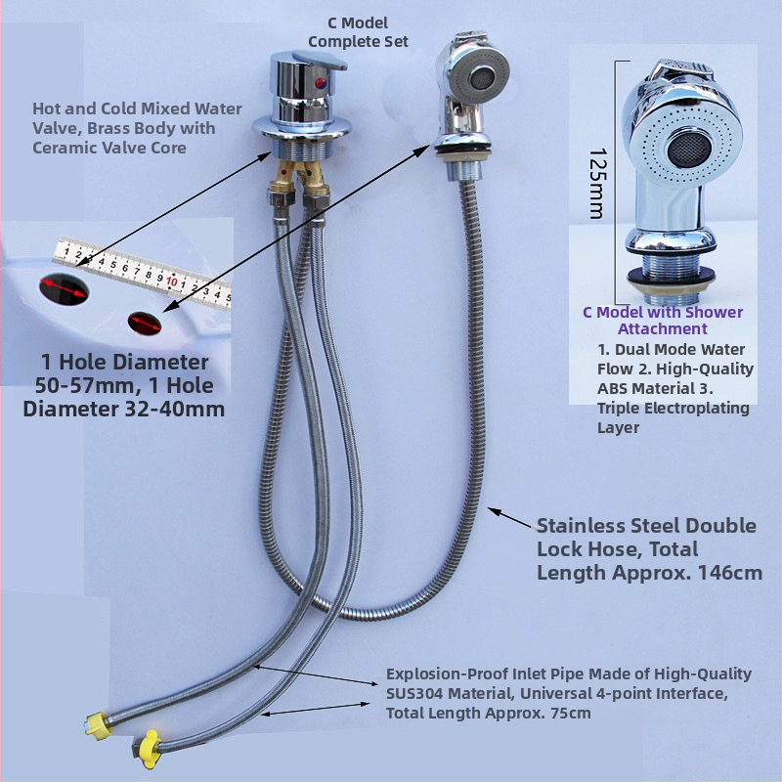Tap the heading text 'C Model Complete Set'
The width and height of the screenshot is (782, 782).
(x=358, y=31)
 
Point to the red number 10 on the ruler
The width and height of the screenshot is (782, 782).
(x=171, y=282)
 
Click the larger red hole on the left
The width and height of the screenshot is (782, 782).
(x=61, y=287)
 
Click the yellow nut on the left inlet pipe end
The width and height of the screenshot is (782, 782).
(x=96, y=724)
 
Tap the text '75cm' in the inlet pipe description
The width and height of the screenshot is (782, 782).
(x=568, y=713)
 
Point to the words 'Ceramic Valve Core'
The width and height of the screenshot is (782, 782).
(x=122, y=148)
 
